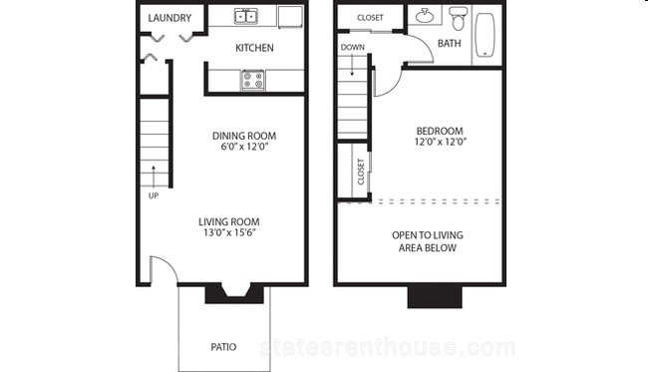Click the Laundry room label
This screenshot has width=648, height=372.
click(x=169, y=18)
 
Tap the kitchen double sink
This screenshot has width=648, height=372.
click(x=246, y=16)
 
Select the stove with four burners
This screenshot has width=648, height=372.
click(x=253, y=80)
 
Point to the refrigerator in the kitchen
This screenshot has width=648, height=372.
click(x=290, y=17)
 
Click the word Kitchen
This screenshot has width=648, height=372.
click(x=254, y=48)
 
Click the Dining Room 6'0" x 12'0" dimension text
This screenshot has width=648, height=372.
click(x=244, y=141)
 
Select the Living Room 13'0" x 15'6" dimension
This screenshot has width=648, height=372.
click(x=229, y=227)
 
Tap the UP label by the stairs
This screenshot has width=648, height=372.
click(x=154, y=195)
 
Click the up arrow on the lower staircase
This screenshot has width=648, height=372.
click(x=154, y=177)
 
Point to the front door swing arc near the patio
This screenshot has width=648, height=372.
click(x=169, y=263)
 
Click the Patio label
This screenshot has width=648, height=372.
click(x=223, y=347)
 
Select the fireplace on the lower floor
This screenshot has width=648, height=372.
click(x=234, y=294)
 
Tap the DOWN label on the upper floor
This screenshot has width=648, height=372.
click(x=353, y=48)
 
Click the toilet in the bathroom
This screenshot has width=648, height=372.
click(x=457, y=18)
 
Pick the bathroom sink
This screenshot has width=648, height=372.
click(x=425, y=16)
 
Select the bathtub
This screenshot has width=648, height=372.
click(x=485, y=35)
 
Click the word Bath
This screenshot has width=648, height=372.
click(x=450, y=43)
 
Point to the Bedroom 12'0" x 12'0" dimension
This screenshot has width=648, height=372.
click(x=440, y=137)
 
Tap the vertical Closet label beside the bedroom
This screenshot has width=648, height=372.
click(x=361, y=172)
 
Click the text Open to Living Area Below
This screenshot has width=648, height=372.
click(x=428, y=241)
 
